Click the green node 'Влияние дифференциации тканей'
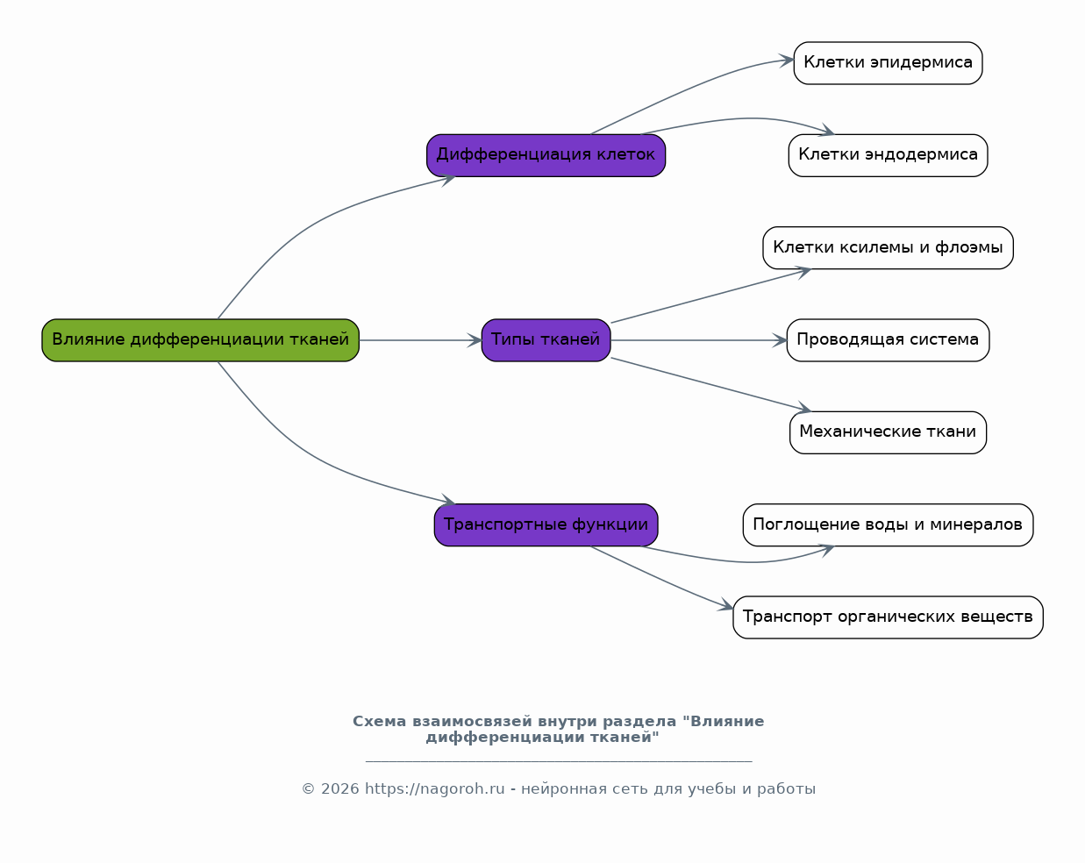pyautogui.click(x=200, y=339)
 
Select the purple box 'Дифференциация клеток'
pyautogui.click(x=546, y=155)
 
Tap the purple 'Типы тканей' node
pyautogui.click(x=546, y=339)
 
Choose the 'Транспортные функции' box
pyautogui.click(x=546, y=524)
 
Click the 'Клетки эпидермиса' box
pyautogui.click(x=888, y=63)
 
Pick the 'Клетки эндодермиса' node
pyautogui.click(x=888, y=155)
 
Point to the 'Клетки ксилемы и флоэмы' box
pyautogui.click(x=888, y=247)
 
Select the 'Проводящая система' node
pyautogui.click(x=888, y=339)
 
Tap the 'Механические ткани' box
pyautogui.click(x=888, y=432)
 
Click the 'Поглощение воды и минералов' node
pyautogui.click(x=888, y=524)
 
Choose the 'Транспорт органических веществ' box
pyautogui.click(x=888, y=617)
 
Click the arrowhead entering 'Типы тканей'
pyautogui.click(x=475, y=340)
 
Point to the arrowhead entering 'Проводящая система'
pyautogui.click(x=780, y=340)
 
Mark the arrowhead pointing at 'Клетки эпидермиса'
pyautogui.click(x=787, y=61)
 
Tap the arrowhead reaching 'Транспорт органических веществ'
pyautogui.click(x=726, y=605)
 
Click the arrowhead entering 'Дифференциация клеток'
pyautogui.click(x=448, y=179)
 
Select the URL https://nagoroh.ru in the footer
pyautogui.click(x=434, y=789)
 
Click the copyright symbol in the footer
pyautogui.click(x=308, y=789)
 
